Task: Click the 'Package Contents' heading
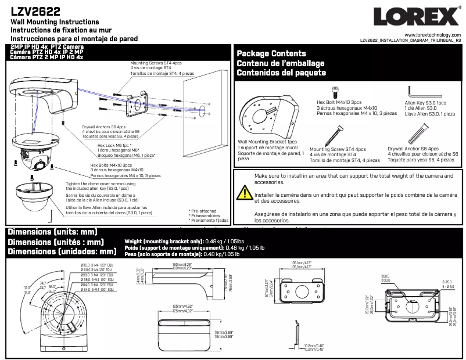pos(271,53)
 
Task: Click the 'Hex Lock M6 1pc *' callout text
pos(114,145)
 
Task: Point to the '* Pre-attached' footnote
pos(203,211)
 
